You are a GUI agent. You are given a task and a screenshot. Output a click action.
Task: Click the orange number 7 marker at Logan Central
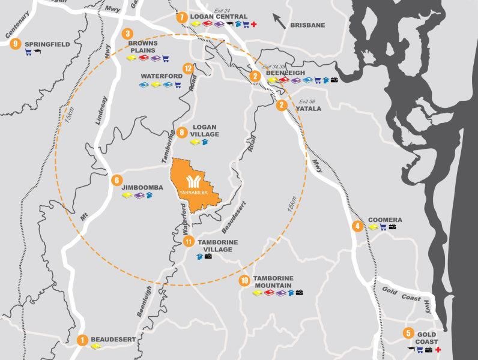(x=182, y=17)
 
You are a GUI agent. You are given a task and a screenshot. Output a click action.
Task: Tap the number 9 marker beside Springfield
(x=15, y=43)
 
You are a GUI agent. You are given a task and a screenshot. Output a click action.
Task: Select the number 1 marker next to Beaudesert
(x=83, y=340)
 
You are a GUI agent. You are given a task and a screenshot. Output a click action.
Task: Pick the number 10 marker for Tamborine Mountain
(x=244, y=280)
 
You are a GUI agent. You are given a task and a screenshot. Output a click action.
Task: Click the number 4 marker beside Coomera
(x=358, y=226)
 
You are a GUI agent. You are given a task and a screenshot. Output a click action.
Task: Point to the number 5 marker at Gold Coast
(x=408, y=334)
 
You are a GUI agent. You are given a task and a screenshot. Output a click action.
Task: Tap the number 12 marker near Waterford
(x=189, y=68)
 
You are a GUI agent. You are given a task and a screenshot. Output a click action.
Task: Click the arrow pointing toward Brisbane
(x=279, y=22)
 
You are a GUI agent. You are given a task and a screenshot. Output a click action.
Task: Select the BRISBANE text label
(x=307, y=25)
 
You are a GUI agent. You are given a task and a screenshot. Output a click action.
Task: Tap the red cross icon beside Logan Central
(x=254, y=25)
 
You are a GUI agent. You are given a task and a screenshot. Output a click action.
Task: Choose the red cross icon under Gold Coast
(x=446, y=349)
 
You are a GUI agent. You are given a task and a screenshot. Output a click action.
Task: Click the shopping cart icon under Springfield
(x=28, y=53)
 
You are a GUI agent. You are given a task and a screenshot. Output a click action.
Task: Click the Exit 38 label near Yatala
(x=307, y=101)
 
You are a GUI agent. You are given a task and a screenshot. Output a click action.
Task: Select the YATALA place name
(x=308, y=109)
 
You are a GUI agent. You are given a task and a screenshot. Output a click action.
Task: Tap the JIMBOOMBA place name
(x=142, y=187)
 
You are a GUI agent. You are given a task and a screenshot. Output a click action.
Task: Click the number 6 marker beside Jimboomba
(x=117, y=179)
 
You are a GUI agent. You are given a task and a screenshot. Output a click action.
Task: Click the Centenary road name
(x=16, y=28)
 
